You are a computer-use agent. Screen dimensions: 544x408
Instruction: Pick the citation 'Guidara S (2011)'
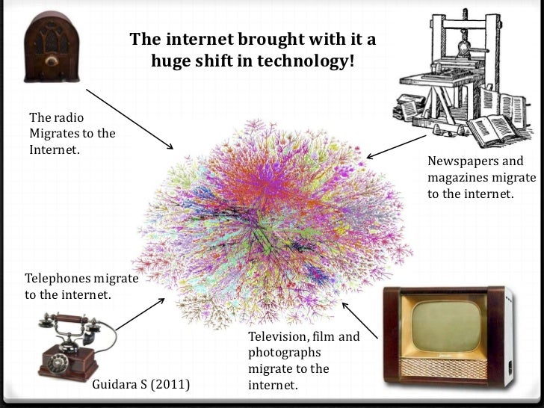coord(140,386)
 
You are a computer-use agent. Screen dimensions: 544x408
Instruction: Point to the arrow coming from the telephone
coord(139,315)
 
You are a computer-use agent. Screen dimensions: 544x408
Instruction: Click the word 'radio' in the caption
coord(67,117)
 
